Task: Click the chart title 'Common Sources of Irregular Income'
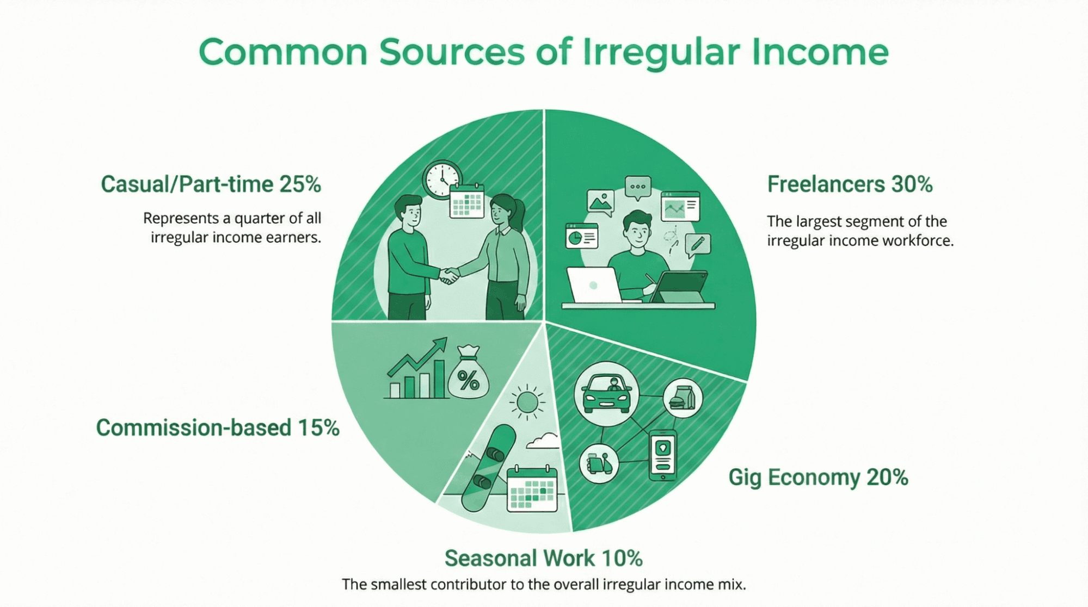coord(543,52)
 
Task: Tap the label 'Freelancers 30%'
coord(850,184)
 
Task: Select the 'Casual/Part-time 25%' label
coord(211,184)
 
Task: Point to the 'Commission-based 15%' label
coord(218,428)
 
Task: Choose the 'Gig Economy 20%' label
coord(818,477)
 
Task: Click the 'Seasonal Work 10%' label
coord(543,558)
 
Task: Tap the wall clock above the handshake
coord(442,179)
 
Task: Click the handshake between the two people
coord(449,275)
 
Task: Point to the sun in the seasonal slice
coord(527,402)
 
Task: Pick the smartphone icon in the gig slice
coord(663,455)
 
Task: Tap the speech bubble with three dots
coord(638,187)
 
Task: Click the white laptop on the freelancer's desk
coord(594,285)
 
